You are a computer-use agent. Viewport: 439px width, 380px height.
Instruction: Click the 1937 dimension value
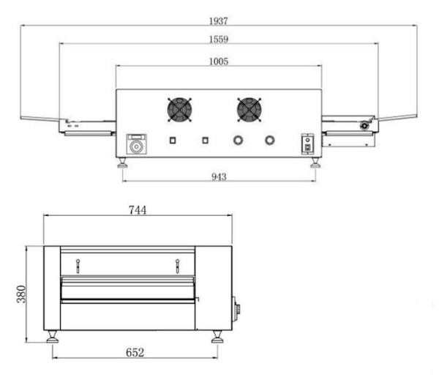click(218, 21)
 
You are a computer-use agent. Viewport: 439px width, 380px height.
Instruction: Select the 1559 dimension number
click(219, 39)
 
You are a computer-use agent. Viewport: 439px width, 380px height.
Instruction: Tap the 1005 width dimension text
click(219, 61)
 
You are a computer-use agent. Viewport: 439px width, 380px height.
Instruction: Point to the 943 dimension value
click(219, 176)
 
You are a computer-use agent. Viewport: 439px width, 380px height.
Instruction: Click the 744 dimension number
click(138, 210)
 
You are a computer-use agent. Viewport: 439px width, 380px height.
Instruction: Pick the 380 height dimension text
click(21, 294)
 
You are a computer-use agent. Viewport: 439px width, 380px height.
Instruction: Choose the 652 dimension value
click(135, 352)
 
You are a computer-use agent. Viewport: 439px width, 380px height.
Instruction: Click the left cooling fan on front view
click(179, 110)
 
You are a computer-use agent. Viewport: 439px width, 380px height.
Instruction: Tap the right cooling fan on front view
click(249, 110)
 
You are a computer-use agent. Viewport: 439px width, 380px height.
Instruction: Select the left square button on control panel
click(173, 140)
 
